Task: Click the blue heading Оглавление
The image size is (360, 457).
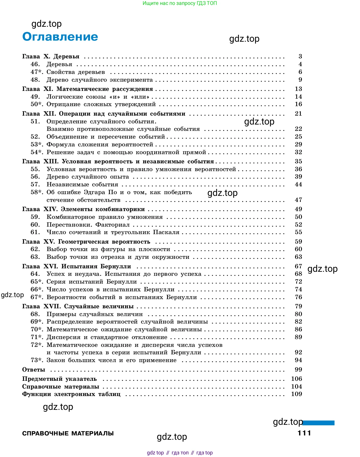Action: point(60,37)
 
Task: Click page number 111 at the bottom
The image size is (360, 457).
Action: point(304,433)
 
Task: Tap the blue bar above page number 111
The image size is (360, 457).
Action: point(319,423)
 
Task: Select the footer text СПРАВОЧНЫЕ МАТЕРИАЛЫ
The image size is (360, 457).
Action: point(68,433)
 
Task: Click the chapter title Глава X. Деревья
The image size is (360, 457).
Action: point(51,57)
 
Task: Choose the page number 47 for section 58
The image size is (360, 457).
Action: point(298,200)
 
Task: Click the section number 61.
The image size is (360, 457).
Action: point(35,232)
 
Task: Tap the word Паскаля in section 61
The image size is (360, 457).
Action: point(166,232)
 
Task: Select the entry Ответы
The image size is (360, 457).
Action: point(34,370)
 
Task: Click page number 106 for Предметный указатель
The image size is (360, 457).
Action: point(296,379)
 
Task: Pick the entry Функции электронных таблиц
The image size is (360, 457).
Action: point(71,394)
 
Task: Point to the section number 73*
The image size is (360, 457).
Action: point(37,360)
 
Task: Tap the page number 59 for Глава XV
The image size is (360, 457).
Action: point(298,242)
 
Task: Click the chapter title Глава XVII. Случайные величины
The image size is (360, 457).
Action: point(78,307)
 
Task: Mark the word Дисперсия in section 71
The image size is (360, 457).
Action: point(64,337)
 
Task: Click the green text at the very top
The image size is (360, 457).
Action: point(180,3)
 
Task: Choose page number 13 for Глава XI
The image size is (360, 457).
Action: point(298,89)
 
